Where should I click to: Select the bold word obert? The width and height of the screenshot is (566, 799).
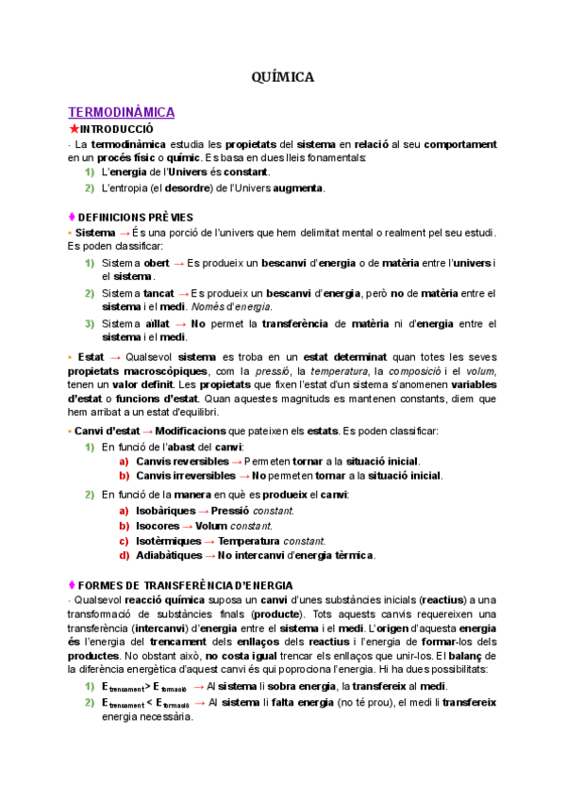(158, 262)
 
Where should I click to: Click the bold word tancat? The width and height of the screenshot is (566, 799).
(158, 293)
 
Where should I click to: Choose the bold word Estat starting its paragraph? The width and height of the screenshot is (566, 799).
(92, 357)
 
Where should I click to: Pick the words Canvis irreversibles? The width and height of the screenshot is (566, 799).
(186, 477)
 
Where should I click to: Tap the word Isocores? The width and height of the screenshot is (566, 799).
(158, 526)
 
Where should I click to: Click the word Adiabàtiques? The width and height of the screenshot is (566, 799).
(170, 556)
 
